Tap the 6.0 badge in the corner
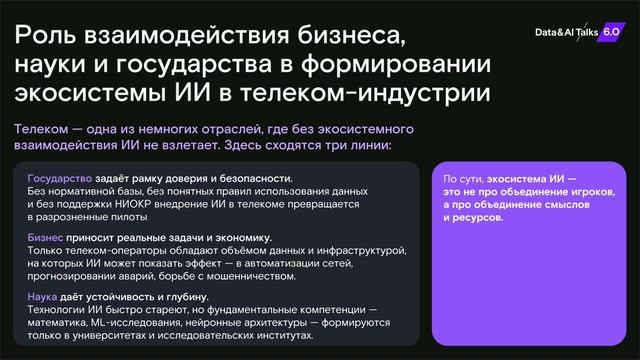pyautogui.click(x=611, y=31)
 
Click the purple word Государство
pyautogui.click(x=59, y=178)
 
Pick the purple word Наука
pyautogui.click(x=44, y=297)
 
